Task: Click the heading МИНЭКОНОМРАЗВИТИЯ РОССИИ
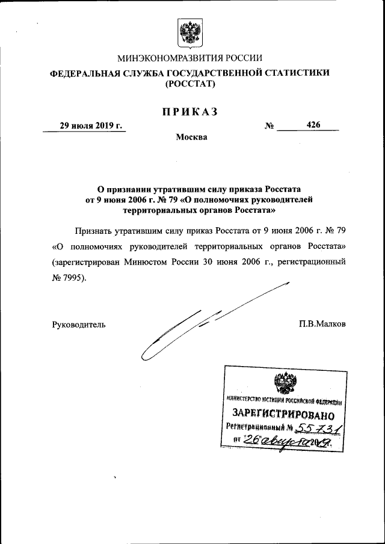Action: (189, 58)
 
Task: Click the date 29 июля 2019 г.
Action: (90, 125)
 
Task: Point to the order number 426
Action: (313, 125)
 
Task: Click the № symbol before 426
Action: (269, 126)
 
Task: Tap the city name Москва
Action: (191, 137)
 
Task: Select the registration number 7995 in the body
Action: (75, 278)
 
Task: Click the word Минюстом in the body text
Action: (153, 262)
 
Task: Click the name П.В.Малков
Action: (322, 324)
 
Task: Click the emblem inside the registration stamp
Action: (283, 383)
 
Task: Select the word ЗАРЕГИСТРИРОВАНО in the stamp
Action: (283, 414)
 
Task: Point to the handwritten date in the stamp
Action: (283, 442)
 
